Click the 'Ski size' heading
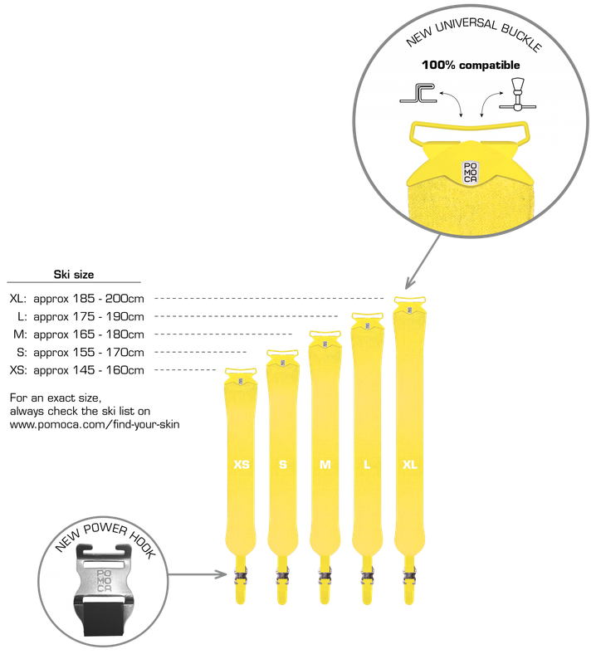click(74, 275)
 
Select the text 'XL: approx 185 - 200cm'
click(76, 299)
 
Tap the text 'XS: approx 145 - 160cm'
click(76, 370)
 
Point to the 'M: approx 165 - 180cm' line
click(78, 334)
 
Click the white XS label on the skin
click(242, 465)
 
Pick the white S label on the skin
click(283, 465)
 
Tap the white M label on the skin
click(325, 465)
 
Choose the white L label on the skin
click(367, 465)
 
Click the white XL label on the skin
click(409, 465)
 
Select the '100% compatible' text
click(471, 65)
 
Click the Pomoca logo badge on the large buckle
click(470, 173)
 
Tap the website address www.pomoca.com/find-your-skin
click(95, 424)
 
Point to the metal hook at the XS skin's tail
click(240, 576)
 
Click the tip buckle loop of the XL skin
click(409, 299)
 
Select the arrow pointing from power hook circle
click(198, 574)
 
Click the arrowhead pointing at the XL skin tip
click(409, 283)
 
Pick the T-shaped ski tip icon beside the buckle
click(517, 94)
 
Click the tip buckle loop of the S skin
click(282, 353)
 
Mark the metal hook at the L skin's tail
click(367, 576)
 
